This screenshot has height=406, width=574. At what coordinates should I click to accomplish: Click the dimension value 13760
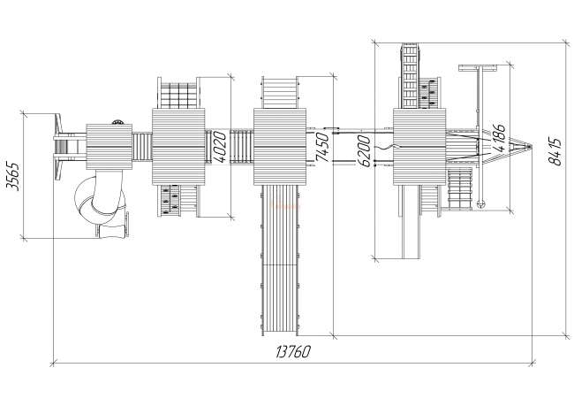coord(293,351)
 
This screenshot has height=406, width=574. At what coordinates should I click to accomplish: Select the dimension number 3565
coord(13,176)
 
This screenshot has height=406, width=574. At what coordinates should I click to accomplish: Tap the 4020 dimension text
coord(221,147)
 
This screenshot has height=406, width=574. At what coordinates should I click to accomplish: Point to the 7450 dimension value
coord(322,147)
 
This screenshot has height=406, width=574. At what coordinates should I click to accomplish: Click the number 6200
coord(364,150)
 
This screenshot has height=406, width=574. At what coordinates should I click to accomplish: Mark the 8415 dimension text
coord(555,151)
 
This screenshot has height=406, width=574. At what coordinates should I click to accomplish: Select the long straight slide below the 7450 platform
coord(280,260)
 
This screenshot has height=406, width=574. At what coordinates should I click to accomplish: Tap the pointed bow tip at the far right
coord(531,146)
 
